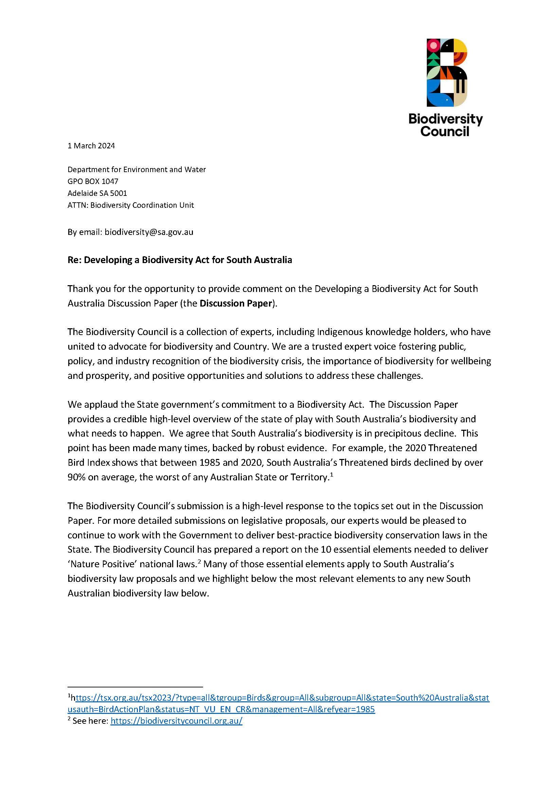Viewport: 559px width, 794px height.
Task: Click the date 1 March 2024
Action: [91, 146]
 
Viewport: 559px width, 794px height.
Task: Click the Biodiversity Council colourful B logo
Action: [447, 73]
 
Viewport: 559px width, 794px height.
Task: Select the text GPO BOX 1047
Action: [93, 181]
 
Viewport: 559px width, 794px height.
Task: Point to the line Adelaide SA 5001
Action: [97, 193]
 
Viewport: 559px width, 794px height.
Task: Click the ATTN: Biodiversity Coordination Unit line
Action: [130, 205]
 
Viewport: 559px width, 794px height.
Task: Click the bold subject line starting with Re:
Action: [180, 260]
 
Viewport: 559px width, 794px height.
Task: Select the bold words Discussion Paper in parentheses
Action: [236, 303]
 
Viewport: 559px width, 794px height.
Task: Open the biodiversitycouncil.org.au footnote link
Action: [176, 721]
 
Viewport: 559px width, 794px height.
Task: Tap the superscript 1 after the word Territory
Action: [331, 475]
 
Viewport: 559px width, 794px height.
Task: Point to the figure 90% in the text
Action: [76, 477]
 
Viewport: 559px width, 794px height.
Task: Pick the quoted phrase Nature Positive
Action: [102, 564]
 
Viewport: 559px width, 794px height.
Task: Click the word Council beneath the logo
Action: [445, 131]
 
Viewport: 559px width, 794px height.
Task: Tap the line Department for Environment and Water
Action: [136, 169]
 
